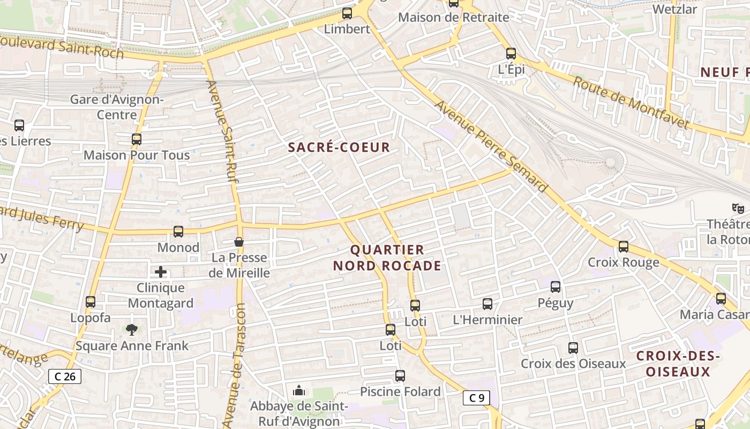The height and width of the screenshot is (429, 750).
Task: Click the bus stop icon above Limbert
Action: [x=347, y=13]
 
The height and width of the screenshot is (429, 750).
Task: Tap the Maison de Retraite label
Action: [x=453, y=17]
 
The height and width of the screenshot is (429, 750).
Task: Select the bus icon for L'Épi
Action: [x=511, y=54]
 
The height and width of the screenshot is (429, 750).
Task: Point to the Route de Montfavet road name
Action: [x=631, y=102]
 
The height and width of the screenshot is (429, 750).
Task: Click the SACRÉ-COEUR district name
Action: [x=339, y=147]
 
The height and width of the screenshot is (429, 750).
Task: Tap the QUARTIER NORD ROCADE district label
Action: [x=387, y=258]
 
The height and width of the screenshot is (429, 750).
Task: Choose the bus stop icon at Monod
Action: [x=178, y=232]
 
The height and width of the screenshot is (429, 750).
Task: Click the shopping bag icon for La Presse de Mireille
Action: [x=239, y=242]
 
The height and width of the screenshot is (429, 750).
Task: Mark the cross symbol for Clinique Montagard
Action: [x=161, y=272]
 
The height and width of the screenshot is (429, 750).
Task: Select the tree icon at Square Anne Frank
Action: [x=132, y=329]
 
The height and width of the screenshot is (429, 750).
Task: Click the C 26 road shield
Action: [x=65, y=376]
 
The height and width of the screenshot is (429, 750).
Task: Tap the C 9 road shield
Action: [x=476, y=398]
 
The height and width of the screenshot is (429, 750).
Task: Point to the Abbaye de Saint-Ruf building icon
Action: [x=299, y=390]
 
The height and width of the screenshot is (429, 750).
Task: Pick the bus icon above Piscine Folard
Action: [x=400, y=376]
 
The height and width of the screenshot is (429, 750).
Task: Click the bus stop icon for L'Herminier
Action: [x=487, y=304]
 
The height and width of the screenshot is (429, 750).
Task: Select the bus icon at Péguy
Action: [x=556, y=287]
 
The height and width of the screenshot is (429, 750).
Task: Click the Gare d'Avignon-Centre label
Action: [x=117, y=107]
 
